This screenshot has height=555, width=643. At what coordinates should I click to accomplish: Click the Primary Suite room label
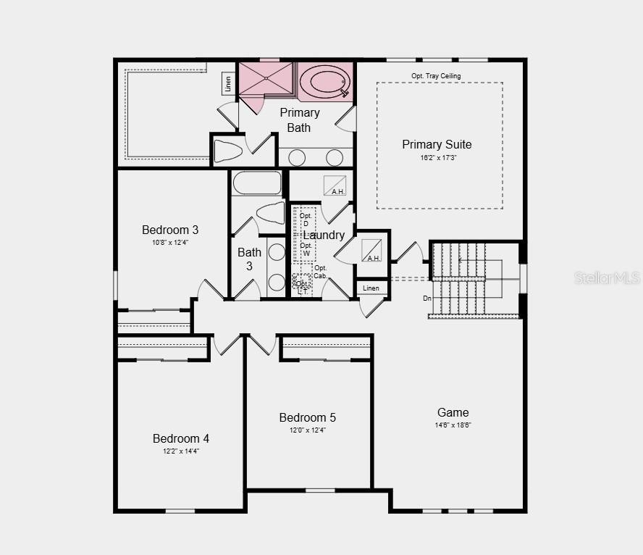pos(437,144)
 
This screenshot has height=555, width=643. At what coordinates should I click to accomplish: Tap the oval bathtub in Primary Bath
pos(324,80)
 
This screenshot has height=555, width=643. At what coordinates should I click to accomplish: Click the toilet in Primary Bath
pos(228,151)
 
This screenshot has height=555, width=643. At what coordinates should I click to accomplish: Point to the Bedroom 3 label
pos(170,230)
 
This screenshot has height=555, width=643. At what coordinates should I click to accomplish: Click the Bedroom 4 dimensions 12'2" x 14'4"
pos(180,451)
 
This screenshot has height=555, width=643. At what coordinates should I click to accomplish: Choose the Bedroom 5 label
pos(308,417)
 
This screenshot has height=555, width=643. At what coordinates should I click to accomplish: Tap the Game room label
pos(453,412)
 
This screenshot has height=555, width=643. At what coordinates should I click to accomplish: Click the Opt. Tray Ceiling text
pos(436,75)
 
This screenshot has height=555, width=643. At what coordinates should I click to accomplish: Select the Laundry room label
pos(324,235)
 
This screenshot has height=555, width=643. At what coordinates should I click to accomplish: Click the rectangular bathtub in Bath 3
pos(257,183)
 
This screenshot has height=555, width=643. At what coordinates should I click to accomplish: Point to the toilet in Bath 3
pos(270,214)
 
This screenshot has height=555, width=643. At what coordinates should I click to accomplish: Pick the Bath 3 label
pos(249,259)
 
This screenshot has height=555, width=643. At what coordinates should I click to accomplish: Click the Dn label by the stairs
pos(427,298)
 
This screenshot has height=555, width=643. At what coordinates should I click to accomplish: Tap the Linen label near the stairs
pos(371,288)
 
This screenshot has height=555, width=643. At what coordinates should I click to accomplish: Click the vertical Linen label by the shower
pos(228,83)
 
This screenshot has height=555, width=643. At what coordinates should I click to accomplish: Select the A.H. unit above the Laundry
pos(335,185)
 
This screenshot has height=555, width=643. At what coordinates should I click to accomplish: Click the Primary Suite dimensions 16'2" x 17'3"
pos(437,157)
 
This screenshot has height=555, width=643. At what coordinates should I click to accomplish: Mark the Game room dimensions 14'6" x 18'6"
pos(453,425)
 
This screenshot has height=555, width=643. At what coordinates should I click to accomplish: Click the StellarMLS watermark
pos(608,277)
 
